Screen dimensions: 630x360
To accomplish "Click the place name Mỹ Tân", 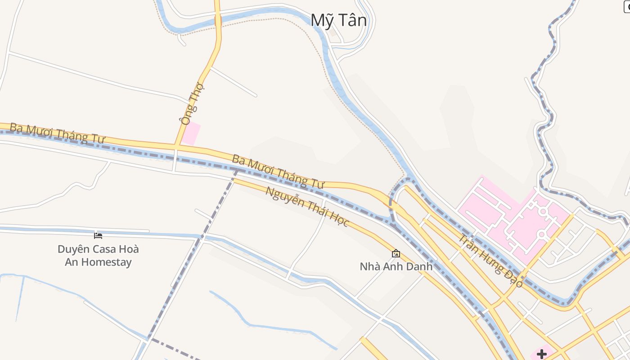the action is pos(339,20).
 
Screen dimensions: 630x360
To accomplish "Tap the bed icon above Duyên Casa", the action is pos(98,235).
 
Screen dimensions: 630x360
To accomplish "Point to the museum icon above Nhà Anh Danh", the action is pos(396,253).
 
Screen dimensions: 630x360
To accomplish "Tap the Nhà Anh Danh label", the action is pos(396,266).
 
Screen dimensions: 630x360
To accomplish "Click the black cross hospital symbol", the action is pos(542,354).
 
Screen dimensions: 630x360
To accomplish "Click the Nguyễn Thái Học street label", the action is pos(307,207).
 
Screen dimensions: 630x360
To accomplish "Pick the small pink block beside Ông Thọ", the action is pos(191,134).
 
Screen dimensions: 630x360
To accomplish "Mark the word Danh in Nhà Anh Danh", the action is pos(419,266).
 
